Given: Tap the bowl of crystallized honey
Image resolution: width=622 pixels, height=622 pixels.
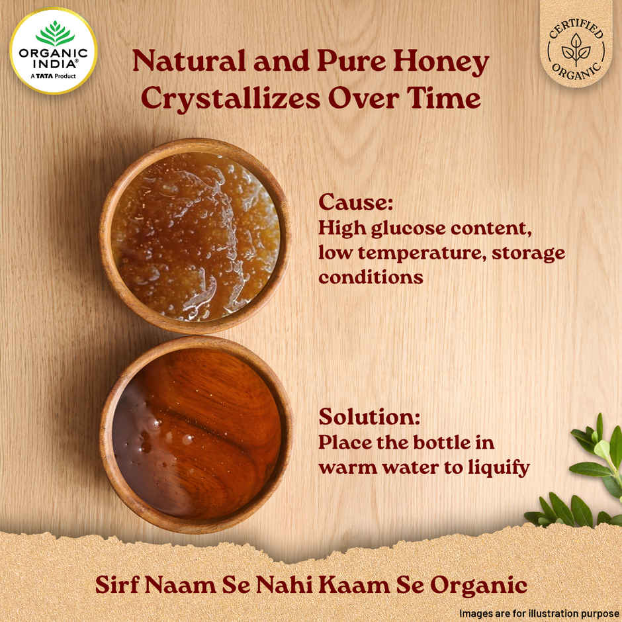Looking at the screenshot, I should click(x=195, y=236).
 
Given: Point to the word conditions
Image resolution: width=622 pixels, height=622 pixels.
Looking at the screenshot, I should click(x=371, y=277).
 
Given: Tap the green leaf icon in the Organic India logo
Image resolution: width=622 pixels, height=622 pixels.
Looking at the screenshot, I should click(x=54, y=32).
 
